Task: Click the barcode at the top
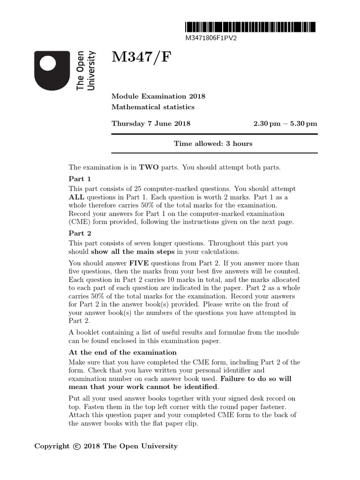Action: click(x=250, y=27)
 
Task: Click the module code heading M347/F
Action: click(x=142, y=59)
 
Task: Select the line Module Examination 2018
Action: click(x=158, y=97)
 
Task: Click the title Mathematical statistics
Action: click(x=152, y=107)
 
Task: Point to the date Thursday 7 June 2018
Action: click(x=150, y=124)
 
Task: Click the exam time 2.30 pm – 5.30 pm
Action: click(x=285, y=124)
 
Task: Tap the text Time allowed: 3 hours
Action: click(x=213, y=143)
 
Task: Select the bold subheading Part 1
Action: click(x=80, y=179)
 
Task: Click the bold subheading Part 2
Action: click(x=80, y=233)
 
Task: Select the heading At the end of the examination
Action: click(x=122, y=352)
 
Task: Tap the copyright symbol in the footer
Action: click(x=77, y=446)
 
